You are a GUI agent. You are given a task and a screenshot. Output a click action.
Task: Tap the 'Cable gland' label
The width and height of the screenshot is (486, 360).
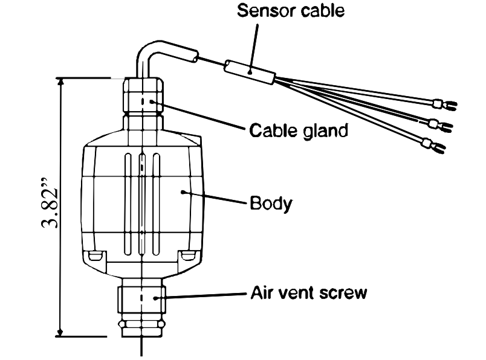point(299,129)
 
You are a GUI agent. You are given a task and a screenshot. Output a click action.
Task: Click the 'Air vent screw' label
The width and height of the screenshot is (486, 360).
point(309,294)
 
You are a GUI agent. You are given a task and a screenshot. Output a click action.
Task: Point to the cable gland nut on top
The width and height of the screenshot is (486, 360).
point(143,97)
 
